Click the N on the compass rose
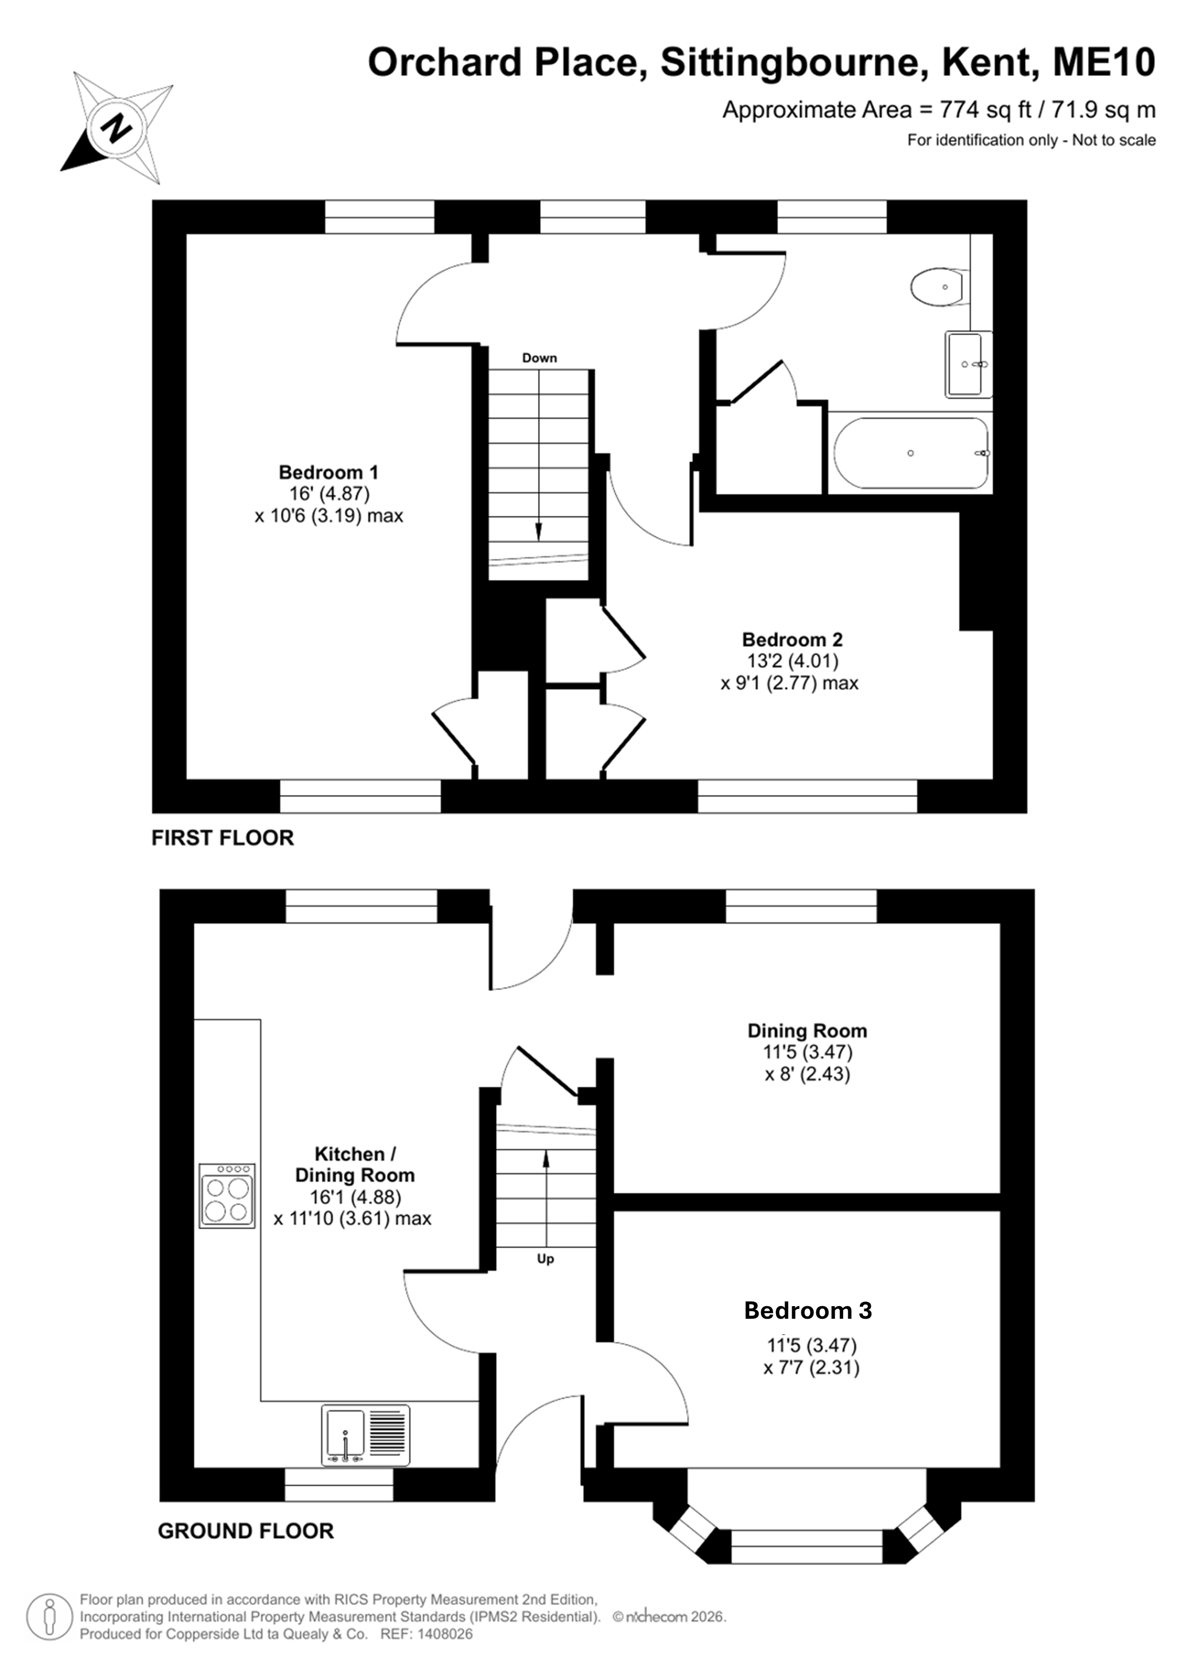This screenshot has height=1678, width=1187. tap(117, 129)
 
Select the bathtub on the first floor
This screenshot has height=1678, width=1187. tap(911, 453)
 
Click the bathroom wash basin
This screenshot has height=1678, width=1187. tap(968, 364)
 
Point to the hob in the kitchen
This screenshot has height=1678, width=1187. tap(227, 1195)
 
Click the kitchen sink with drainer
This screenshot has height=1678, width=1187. tap(366, 1435)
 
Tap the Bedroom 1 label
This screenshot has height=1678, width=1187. tap(328, 472)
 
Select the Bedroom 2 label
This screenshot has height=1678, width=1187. tap(792, 639)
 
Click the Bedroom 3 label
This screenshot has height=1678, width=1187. tap(808, 1310)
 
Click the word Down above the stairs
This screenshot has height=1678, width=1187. tap(540, 358)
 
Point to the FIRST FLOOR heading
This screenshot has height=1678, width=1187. tap(222, 837)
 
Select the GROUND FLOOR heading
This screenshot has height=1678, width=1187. tap(246, 1531)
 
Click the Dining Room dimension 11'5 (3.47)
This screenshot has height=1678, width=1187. tap(808, 1052)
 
